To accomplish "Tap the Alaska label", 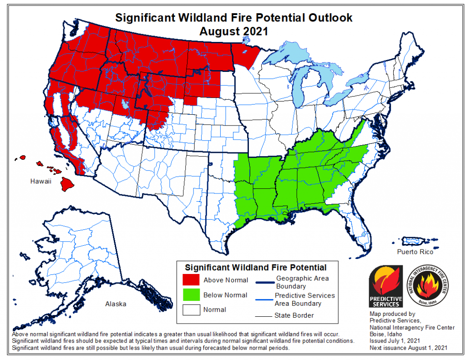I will coord(116,304).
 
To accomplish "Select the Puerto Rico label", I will coord(415,251).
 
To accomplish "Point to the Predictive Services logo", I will coord(385,286).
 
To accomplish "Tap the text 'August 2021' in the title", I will coord(233,31).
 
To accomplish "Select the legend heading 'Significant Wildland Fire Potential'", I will coord(255,267).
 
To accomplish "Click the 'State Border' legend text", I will coord(294,315).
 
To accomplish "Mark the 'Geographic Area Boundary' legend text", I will coord(302,282).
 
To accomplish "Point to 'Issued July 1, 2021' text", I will coord(395,340).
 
